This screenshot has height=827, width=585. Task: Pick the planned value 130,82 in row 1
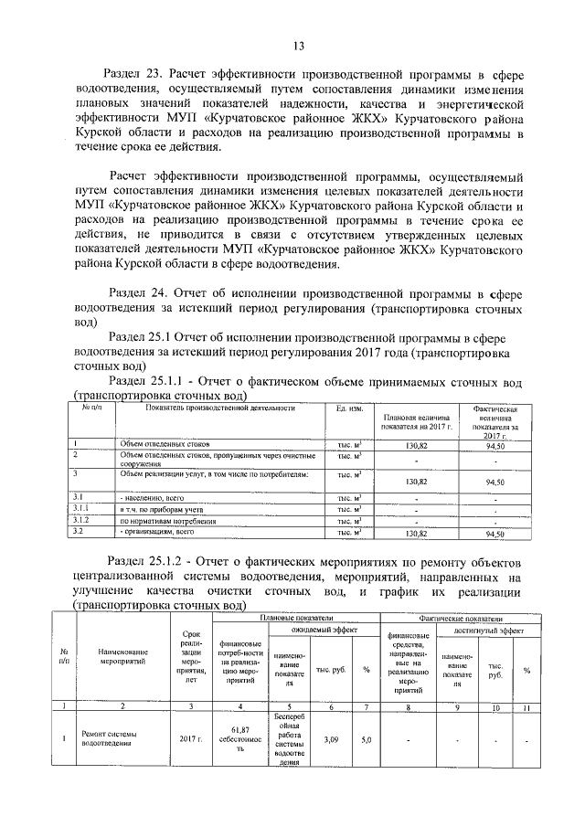coord(416,445)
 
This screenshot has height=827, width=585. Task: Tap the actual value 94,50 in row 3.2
coord(495,533)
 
